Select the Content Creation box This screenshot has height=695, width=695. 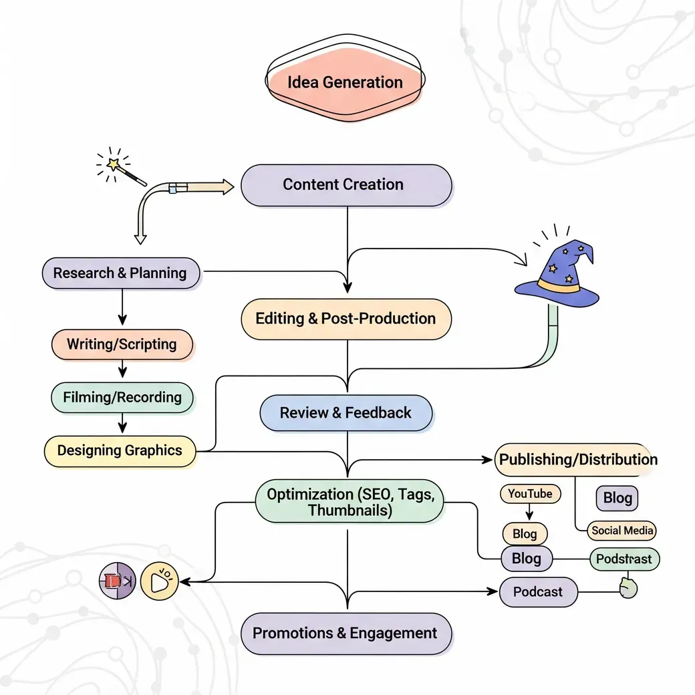[346, 185]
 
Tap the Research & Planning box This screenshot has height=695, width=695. [121, 273]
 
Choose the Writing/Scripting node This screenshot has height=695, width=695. [122, 344]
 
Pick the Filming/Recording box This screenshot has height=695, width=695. [122, 398]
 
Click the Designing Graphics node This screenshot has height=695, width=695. [120, 451]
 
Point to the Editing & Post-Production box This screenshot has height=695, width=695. [346, 319]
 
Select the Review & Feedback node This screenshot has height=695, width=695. [345, 413]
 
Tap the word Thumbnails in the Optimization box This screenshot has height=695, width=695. [350, 510]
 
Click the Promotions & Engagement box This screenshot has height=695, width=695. [346, 634]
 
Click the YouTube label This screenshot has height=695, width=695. [531, 494]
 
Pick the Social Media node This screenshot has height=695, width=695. [621, 531]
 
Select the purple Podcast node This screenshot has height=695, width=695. [539, 591]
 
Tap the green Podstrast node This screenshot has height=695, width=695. [625, 559]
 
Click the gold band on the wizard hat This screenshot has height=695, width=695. [558, 285]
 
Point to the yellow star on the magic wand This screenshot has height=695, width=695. [114, 164]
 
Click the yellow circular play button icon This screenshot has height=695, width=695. [159, 581]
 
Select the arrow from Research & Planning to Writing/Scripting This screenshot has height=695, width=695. [122, 307]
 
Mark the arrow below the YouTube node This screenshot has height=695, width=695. [529, 512]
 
